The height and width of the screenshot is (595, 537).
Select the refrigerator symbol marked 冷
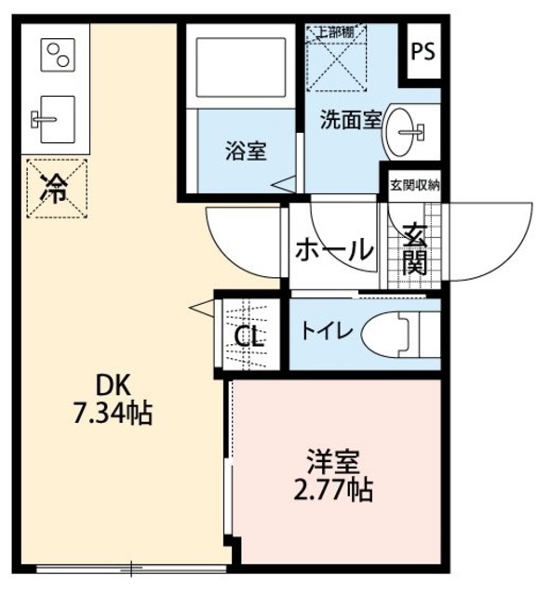tap(57, 189)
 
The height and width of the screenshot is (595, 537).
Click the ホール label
tap(334, 249)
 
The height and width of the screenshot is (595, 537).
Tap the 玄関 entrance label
tap(415, 246)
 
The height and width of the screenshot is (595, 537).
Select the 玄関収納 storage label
tap(414, 185)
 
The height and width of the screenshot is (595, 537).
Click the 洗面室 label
tap(350, 119)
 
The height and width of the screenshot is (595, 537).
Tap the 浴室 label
tap(245, 150)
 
